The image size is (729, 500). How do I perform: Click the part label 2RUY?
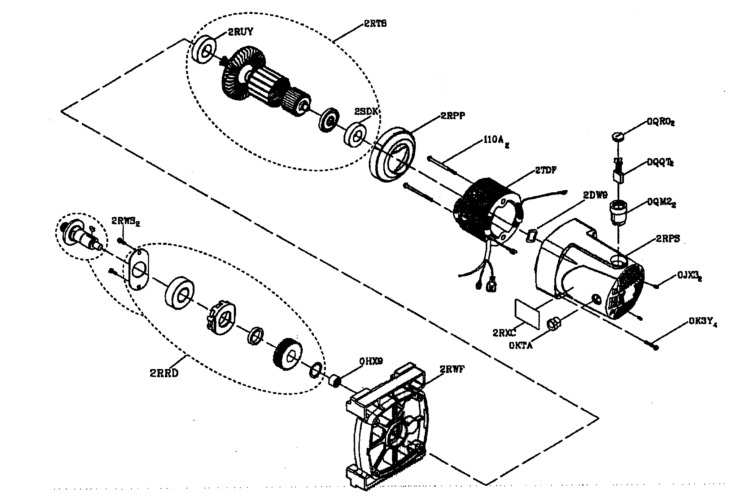[240, 32]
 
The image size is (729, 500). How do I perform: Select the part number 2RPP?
[453, 116]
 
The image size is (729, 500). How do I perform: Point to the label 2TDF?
[545, 170]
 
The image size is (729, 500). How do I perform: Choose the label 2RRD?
[164, 373]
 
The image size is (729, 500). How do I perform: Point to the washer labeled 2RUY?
[205, 49]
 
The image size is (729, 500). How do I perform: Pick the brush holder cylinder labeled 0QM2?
[618, 211]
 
